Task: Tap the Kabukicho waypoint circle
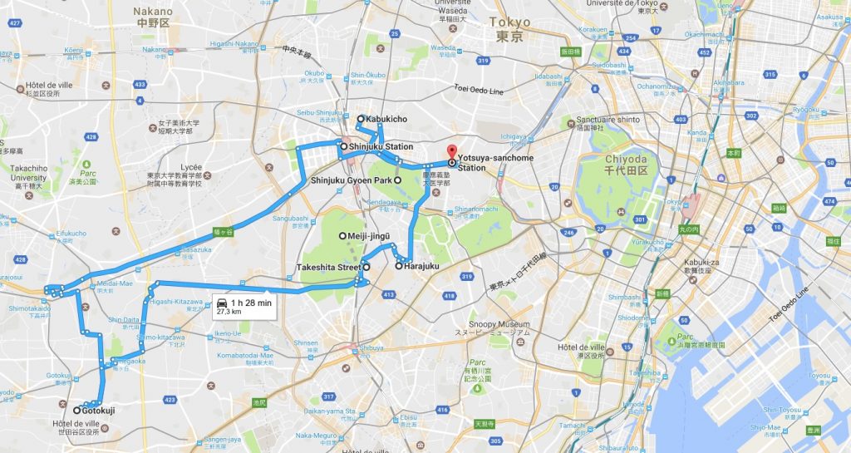tap(361, 119)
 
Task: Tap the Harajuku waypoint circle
tap(399, 266)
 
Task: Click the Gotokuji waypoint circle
tap(76, 410)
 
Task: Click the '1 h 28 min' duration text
tap(251, 303)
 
